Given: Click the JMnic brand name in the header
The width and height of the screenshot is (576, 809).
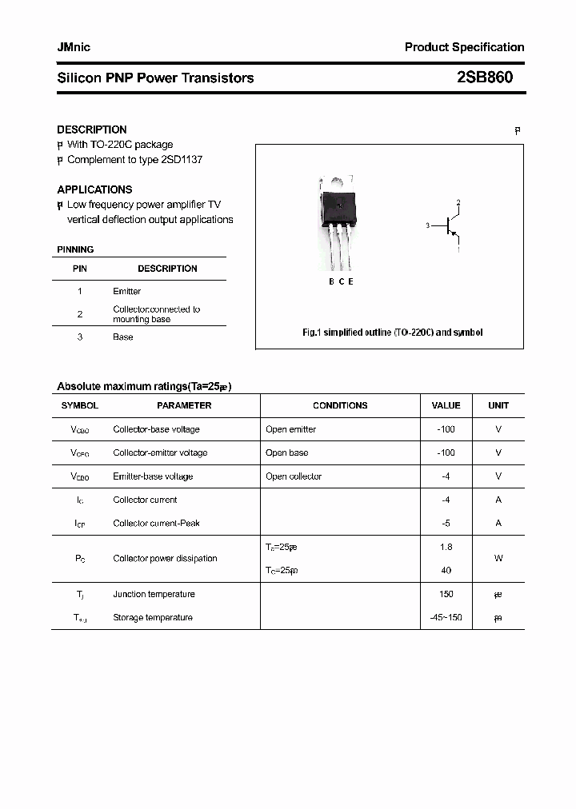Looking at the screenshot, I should coord(74,47).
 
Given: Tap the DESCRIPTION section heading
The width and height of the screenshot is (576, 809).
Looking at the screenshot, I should coord(91,130).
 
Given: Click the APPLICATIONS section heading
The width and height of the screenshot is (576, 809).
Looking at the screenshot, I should coord(94,189).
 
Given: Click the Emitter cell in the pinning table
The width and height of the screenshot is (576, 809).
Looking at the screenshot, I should coord(126,292).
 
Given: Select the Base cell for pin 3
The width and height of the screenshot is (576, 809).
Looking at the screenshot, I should coord(122,337).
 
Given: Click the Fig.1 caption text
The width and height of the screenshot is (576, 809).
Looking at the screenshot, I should coord(392,333).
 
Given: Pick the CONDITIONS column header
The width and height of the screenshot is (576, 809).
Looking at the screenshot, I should coord(340,406).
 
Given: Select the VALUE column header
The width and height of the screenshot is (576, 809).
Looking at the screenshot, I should coord(446,406).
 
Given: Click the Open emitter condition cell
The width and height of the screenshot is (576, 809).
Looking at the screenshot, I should coord(290,429).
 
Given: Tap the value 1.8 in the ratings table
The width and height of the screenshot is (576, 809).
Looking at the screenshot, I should coord(446,547).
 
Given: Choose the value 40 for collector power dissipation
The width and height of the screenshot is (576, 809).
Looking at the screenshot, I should coord(446,571).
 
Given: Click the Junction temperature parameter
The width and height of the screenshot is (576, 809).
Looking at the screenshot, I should coord(154,594).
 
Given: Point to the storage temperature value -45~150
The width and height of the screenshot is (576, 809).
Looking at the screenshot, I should coord(446,618).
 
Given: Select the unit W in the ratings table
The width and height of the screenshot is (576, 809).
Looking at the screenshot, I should coord(498,559).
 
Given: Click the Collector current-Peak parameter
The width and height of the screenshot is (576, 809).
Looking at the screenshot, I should coord(156,524).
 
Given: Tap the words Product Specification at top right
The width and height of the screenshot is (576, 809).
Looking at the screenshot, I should coord(464,47).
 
